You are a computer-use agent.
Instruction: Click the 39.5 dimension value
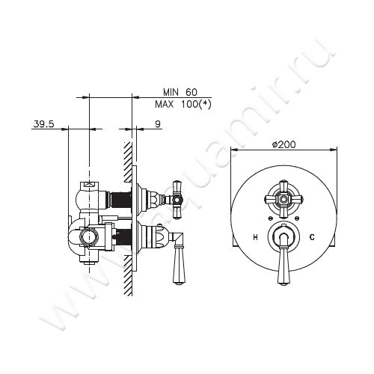pos(43,124)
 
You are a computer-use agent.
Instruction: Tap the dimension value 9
pos(158,124)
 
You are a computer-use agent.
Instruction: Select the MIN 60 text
pos(180,92)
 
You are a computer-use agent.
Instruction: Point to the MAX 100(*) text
pos(183,104)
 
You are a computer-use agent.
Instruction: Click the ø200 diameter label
pos(283,144)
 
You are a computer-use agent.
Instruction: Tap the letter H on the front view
pos(255,238)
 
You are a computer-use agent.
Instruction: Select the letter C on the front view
pos(312,237)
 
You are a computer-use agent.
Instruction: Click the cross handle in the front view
pos(283,199)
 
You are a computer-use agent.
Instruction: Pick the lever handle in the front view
pos(283,257)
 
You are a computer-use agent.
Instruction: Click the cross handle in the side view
pos(177,199)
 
